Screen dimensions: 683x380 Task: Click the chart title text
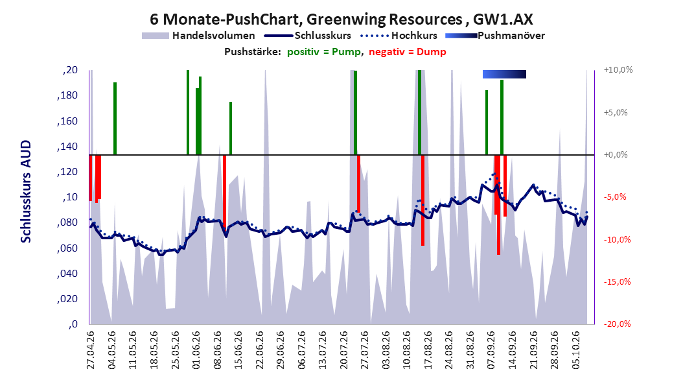[x=341, y=19]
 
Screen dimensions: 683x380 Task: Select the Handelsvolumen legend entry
[x=198, y=36]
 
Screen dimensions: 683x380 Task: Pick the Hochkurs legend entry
[x=399, y=36]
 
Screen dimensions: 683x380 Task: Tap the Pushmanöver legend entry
[x=495, y=36]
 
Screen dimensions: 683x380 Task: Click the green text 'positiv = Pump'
[x=324, y=52]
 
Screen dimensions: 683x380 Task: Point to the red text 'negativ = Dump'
[x=408, y=52]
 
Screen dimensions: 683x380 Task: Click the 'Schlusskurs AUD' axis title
[x=26, y=192]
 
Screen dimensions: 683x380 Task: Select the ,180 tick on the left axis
[x=67, y=95]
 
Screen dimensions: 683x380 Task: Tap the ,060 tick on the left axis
[x=67, y=248]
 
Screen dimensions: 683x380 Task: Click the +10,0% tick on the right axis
[x=618, y=70]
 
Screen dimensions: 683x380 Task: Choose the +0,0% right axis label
[x=616, y=155]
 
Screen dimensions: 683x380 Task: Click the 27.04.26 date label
[x=91, y=350]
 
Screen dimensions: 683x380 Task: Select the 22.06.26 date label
[x=260, y=350]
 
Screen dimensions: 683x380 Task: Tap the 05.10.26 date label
[x=576, y=350]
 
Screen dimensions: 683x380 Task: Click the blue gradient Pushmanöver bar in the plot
[x=504, y=74]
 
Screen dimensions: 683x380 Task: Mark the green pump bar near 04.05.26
[x=115, y=119]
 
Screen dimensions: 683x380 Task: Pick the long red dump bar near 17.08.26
[x=423, y=200]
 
